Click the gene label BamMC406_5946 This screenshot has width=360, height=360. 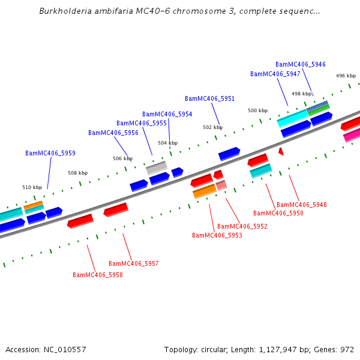(300, 64)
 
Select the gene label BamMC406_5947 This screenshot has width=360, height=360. (275, 74)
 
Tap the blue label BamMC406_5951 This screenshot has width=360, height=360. (209, 98)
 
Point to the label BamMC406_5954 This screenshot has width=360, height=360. (167, 114)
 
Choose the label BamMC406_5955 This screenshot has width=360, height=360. (142, 123)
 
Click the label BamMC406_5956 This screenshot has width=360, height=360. (113, 133)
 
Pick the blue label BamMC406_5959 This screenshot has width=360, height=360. (50, 153)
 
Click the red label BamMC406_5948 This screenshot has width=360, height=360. (301, 205)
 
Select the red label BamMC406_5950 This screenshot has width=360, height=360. (278, 213)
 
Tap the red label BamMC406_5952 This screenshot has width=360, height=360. (242, 226)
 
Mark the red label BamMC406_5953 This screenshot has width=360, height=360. (217, 235)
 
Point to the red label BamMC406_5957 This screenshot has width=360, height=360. (133, 263)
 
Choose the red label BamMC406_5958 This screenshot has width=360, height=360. (97, 275)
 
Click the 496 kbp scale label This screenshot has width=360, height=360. (346, 76)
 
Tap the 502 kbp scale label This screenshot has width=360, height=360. (212, 127)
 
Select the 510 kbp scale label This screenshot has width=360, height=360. (32, 187)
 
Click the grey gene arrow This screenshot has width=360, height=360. (156, 167)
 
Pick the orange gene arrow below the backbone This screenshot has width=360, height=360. (204, 191)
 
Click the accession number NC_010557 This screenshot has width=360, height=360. (64, 349)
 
